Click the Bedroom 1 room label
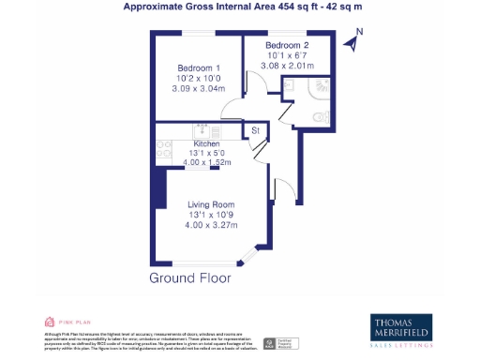pos(199,67)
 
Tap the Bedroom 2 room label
pos(286,46)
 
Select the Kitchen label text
pos(206,143)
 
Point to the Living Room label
pos(211,204)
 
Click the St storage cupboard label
pos(254,132)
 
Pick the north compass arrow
pos(352,41)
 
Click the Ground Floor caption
pos(190,278)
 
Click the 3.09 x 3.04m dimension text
pos(199,88)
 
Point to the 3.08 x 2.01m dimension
pos(289,67)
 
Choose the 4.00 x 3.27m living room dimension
pos(211,225)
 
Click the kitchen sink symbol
pos(201,128)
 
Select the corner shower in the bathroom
pos(319,87)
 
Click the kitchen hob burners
pos(162,147)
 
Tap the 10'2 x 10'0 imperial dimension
pos(199,78)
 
